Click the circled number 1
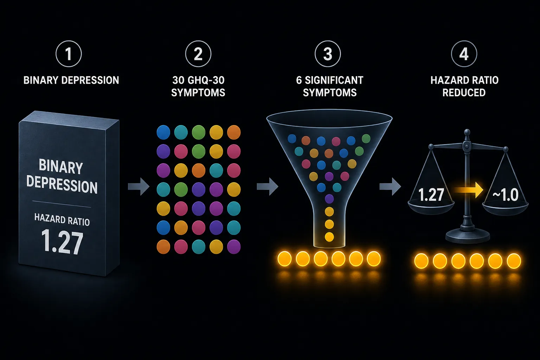69,54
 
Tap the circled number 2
198,54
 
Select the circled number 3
328,54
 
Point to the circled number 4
464,54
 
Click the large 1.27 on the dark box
62,242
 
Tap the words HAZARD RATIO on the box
62,220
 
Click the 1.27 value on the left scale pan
431,194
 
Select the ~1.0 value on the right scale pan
506,194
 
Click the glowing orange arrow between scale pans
469,190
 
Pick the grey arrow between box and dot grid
139,186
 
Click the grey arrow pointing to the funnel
268,186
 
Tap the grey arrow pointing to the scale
390,186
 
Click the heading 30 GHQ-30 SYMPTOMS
198,86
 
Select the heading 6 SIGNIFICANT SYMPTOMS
329,86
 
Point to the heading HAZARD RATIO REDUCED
464,86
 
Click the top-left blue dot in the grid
163,132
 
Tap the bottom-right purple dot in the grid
234,247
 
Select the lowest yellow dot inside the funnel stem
329,237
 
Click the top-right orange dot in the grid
234,132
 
